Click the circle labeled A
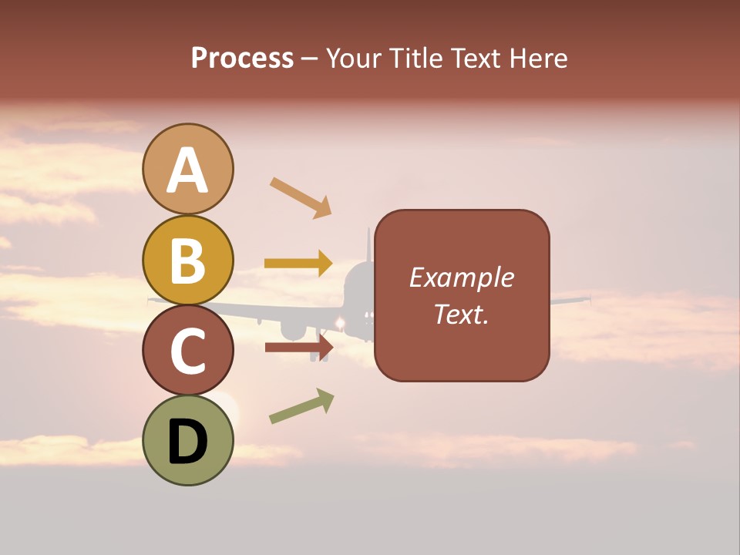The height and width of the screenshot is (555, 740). [x=187, y=169]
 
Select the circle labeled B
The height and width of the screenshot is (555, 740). [x=187, y=260]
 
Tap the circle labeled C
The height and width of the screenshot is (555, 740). [x=187, y=351]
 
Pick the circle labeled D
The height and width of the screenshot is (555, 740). [x=187, y=441]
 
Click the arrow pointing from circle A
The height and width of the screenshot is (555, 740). [x=301, y=197]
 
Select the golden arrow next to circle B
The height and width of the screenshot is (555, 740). [x=298, y=264]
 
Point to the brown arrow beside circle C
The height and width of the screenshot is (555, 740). [x=298, y=347]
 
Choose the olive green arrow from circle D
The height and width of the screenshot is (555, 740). [x=301, y=406]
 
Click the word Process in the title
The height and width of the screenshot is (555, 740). [x=242, y=58]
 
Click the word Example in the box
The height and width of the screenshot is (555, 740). [x=462, y=277]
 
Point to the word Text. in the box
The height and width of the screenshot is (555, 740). [x=462, y=314]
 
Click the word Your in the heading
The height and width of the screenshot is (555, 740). [x=353, y=58]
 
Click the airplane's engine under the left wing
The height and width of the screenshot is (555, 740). [x=293, y=329]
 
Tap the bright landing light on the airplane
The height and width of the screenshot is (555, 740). [x=338, y=321]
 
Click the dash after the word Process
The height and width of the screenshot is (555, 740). [x=310, y=59]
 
